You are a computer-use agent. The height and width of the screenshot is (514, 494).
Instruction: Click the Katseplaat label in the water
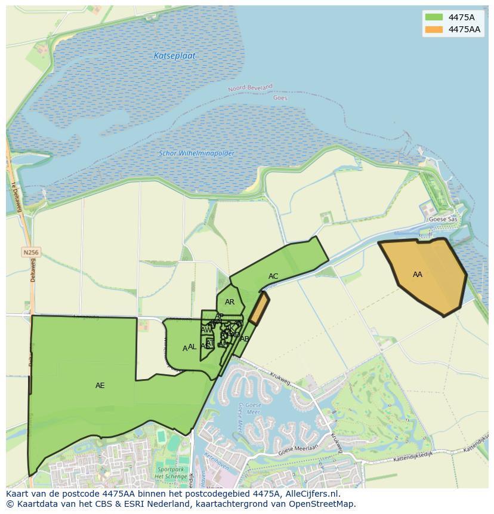174,56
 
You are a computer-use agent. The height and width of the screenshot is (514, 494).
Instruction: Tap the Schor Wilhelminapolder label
196,153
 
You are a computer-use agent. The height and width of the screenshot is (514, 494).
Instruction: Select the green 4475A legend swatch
434,17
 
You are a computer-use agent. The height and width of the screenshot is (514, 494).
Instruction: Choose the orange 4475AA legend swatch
434,29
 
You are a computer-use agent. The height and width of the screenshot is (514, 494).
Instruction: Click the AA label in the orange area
418,275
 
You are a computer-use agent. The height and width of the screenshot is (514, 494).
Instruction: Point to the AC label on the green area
273,276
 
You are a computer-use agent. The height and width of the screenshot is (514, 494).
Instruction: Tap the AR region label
230,302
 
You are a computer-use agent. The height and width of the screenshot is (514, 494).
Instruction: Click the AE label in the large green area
100,386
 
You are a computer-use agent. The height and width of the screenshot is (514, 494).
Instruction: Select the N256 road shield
31,253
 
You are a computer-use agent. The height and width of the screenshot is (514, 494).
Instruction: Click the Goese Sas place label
443,220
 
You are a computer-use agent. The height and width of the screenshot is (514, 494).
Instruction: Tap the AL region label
192,347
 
